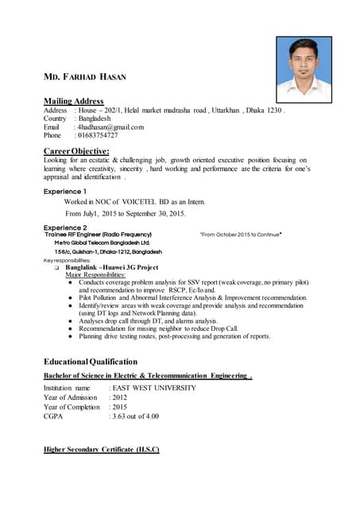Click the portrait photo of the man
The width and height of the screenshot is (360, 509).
click(304, 65)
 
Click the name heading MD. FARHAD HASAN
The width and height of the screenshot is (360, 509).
click(86, 76)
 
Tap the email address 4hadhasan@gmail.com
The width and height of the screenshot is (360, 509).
click(110, 127)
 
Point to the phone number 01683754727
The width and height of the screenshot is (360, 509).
click(100, 136)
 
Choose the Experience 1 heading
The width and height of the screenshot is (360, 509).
click(65, 192)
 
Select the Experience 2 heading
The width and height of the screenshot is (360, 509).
click(65, 228)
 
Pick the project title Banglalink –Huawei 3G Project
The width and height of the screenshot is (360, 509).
click(112, 267)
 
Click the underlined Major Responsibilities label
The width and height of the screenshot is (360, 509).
click(95, 275)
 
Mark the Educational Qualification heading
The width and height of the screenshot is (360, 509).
click(90, 362)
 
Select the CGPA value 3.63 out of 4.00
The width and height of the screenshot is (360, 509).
click(135, 416)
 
